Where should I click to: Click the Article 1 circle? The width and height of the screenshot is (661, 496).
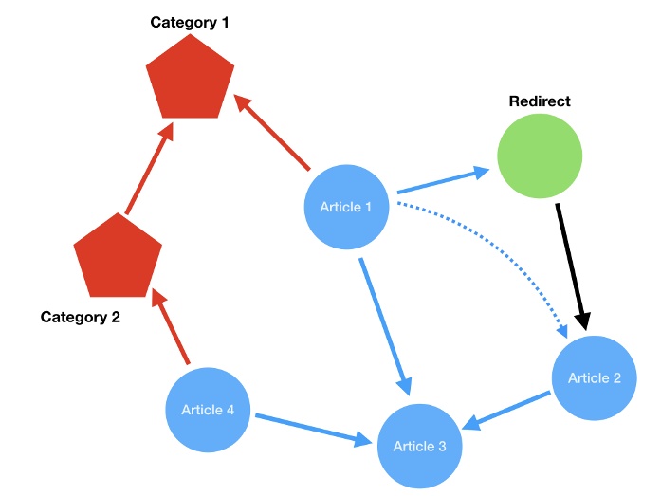[346, 208]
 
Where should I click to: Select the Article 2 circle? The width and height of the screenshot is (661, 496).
[595, 378]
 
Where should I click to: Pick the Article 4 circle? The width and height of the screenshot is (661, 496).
[208, 411]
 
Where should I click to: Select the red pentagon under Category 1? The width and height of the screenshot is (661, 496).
[190, 80]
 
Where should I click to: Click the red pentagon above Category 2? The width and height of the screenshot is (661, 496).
[118, 256]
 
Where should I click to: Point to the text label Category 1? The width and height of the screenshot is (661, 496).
[190, 21]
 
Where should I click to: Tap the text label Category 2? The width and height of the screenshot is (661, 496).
[81, 318]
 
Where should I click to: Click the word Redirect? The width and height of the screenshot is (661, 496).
[540, 101]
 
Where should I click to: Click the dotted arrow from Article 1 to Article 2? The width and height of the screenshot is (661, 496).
[503, 247]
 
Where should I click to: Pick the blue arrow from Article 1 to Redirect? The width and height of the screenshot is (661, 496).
[441, 182]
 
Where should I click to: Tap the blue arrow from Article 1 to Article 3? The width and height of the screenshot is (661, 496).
[383, 322]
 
